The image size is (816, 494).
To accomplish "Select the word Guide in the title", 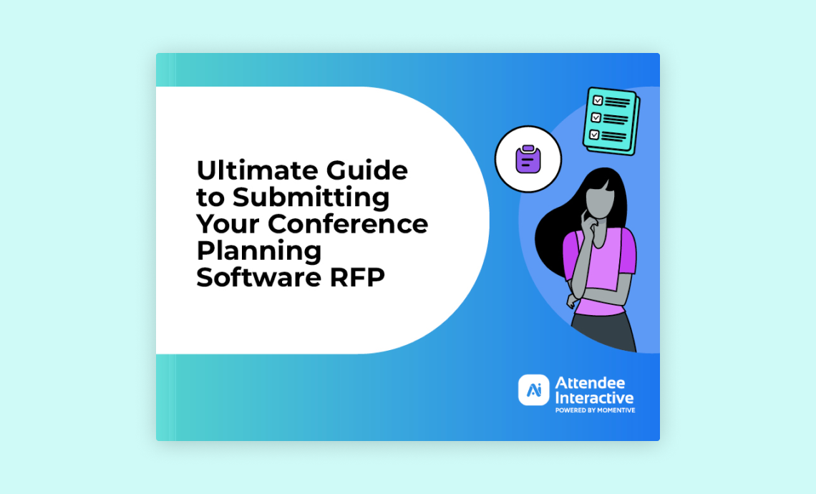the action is point(367,170).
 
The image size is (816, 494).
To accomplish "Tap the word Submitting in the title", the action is point(311,197).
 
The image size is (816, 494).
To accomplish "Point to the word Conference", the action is point(348,224).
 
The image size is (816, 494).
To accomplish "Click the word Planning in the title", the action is point(258,251).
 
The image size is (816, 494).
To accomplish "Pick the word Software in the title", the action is point(258,277).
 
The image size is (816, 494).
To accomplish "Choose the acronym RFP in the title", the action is point(357,277).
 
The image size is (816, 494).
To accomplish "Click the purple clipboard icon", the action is point(528,159).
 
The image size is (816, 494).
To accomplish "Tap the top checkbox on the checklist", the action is point(598,100).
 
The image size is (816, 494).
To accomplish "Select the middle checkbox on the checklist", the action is point(596,117).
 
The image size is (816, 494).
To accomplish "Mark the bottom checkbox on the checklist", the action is point(594,135).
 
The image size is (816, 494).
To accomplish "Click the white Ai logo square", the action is point(533,390).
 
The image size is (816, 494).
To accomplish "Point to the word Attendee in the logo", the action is point(590,383).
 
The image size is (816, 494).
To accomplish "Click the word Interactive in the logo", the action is point(594,398).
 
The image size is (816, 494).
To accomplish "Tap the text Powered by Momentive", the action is point(595,410).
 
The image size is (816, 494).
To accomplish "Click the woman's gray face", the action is point(600,201).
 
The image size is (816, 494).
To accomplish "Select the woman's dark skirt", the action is point(603,331).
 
